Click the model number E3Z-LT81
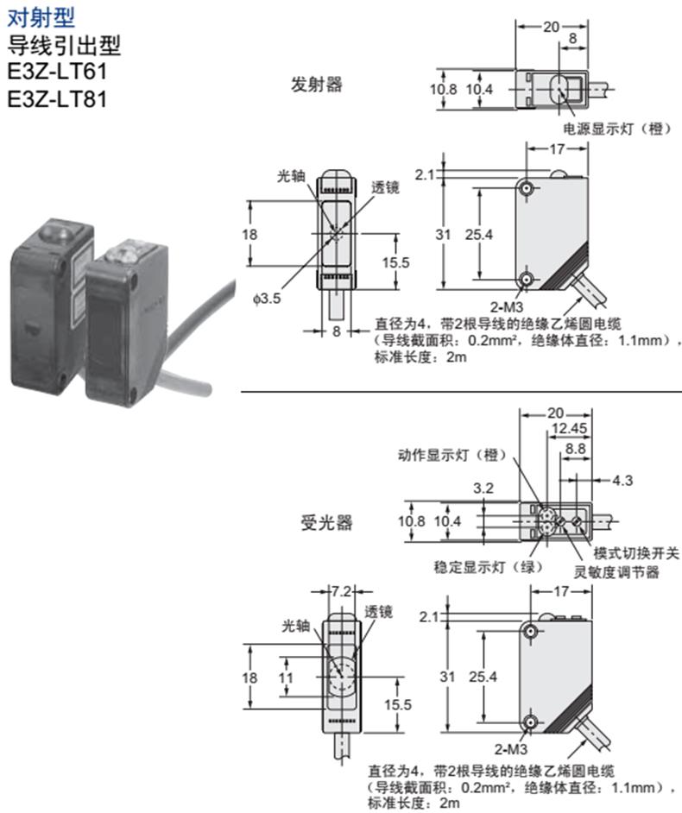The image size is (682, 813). (57, 99)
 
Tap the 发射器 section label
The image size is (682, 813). (317, 85)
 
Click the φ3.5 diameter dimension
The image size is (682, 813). (268, 299)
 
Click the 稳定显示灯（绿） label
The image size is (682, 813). (489, 567)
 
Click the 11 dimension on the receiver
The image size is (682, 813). (285, 677)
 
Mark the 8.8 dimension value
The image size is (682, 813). (576, 449)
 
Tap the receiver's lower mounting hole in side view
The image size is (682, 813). (528, 724)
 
